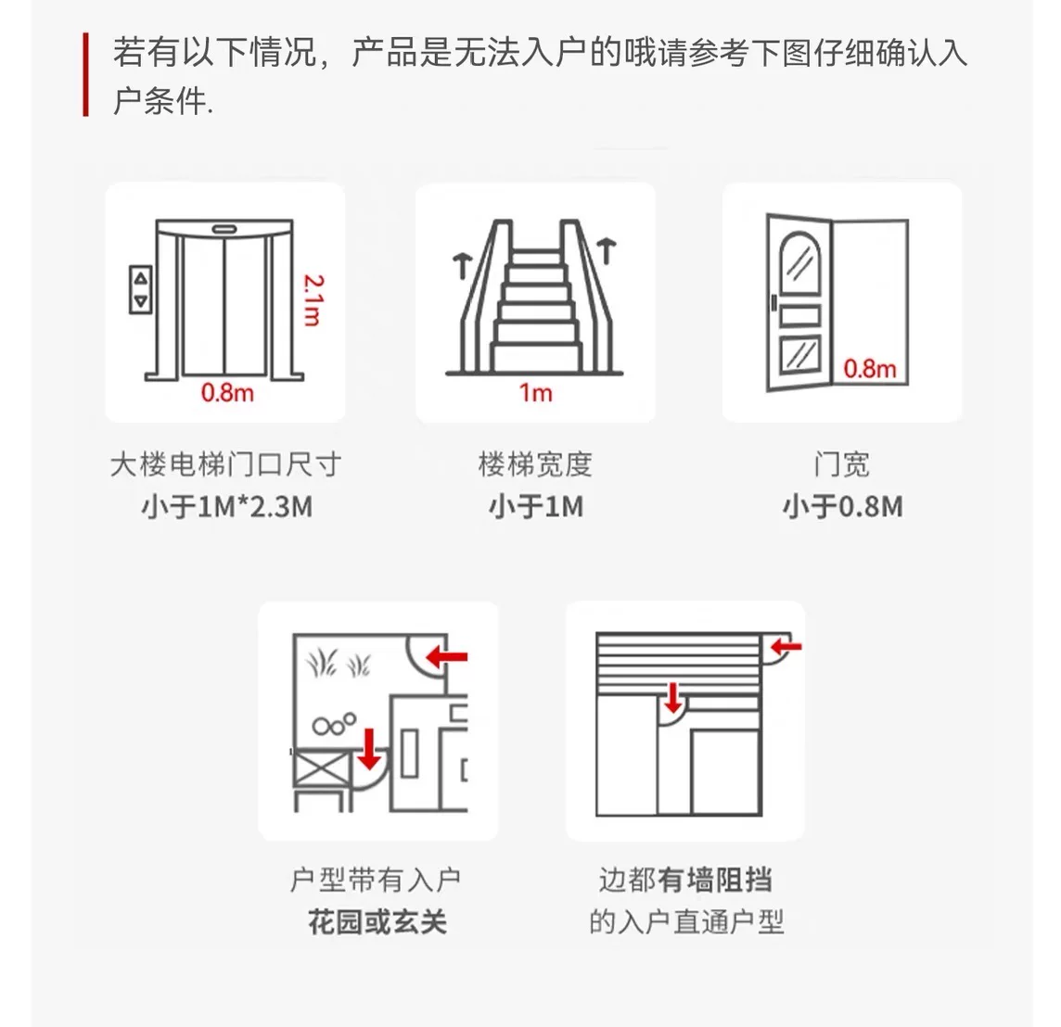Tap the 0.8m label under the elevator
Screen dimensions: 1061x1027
click(x=227, y=393)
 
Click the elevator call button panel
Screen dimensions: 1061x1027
click(x=141, y=289)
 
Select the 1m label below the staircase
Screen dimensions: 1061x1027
click(x=536, y=393)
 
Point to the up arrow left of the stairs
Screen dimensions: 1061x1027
click(x=462, y=266)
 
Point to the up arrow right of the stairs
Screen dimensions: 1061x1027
click(x=607, y=251)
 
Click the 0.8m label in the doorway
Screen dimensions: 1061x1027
click(x=870, y=369)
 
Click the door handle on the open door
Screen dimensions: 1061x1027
click(x=773, y=302)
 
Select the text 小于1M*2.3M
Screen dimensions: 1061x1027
click(x=227, y=506)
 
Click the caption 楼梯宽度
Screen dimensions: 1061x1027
click(x=535, y=464)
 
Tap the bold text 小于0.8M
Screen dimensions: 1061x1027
click(x=842, y=506)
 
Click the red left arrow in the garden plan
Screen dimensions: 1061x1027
click(x=447, y=656)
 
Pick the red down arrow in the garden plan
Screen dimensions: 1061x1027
click(x=369, y=749)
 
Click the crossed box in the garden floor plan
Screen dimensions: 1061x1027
click(x=322, y=769)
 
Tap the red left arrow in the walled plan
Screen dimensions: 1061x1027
click(x=786, y=647)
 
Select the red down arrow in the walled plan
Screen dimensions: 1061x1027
click(x=672, y=698)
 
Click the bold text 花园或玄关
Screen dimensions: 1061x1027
click(x=377, y=921)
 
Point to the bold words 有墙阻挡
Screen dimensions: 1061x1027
click(x=714, y=880)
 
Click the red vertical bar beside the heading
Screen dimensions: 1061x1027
click(x=86, y=74)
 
